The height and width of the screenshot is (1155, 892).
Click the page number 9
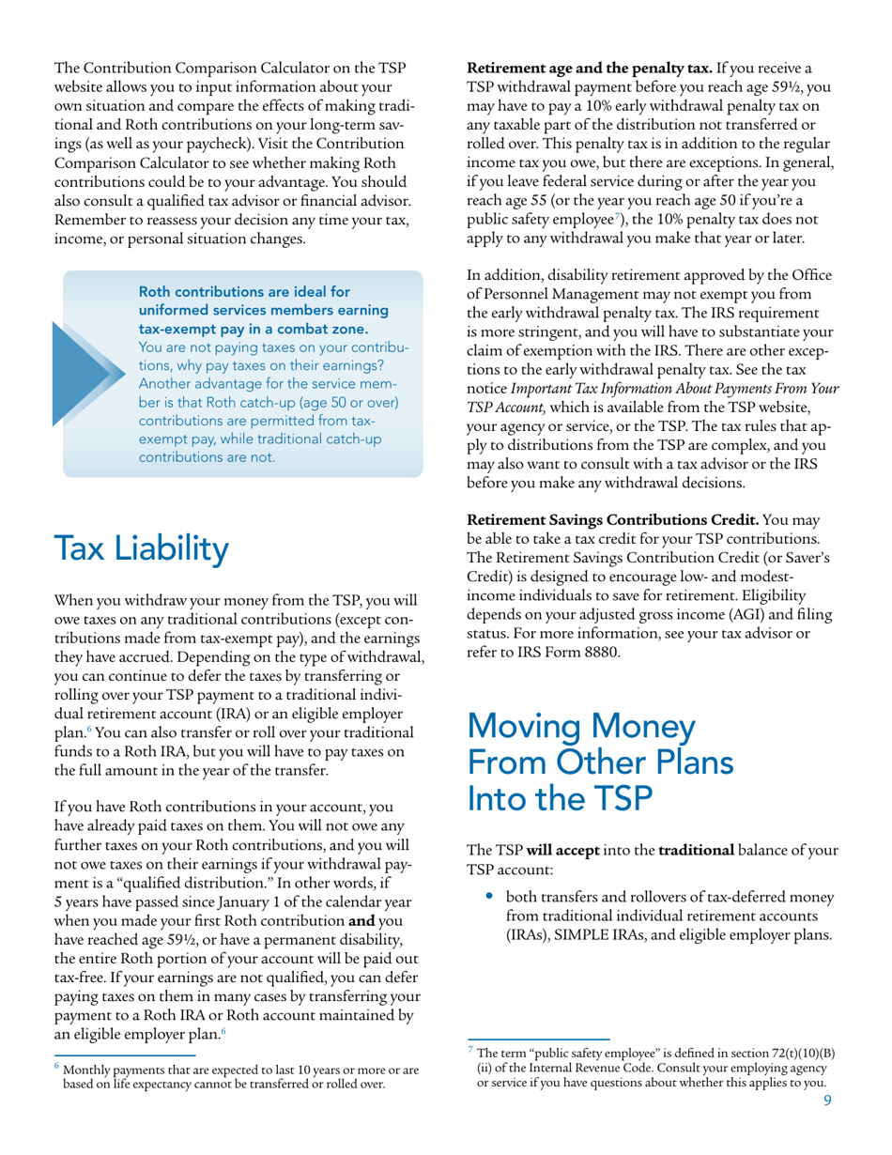[x=827, y=1101]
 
